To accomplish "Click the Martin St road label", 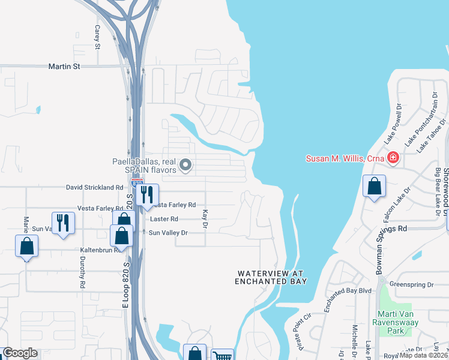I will [64, 67].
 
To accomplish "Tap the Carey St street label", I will [96, 37].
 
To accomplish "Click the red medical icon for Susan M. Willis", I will [393, 158].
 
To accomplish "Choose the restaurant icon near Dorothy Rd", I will [62, 223].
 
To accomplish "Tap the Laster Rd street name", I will [166, 220].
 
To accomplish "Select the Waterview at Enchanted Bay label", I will [271, 277].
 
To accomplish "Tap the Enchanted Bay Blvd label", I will [348, 291].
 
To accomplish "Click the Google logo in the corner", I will [20, 353].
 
